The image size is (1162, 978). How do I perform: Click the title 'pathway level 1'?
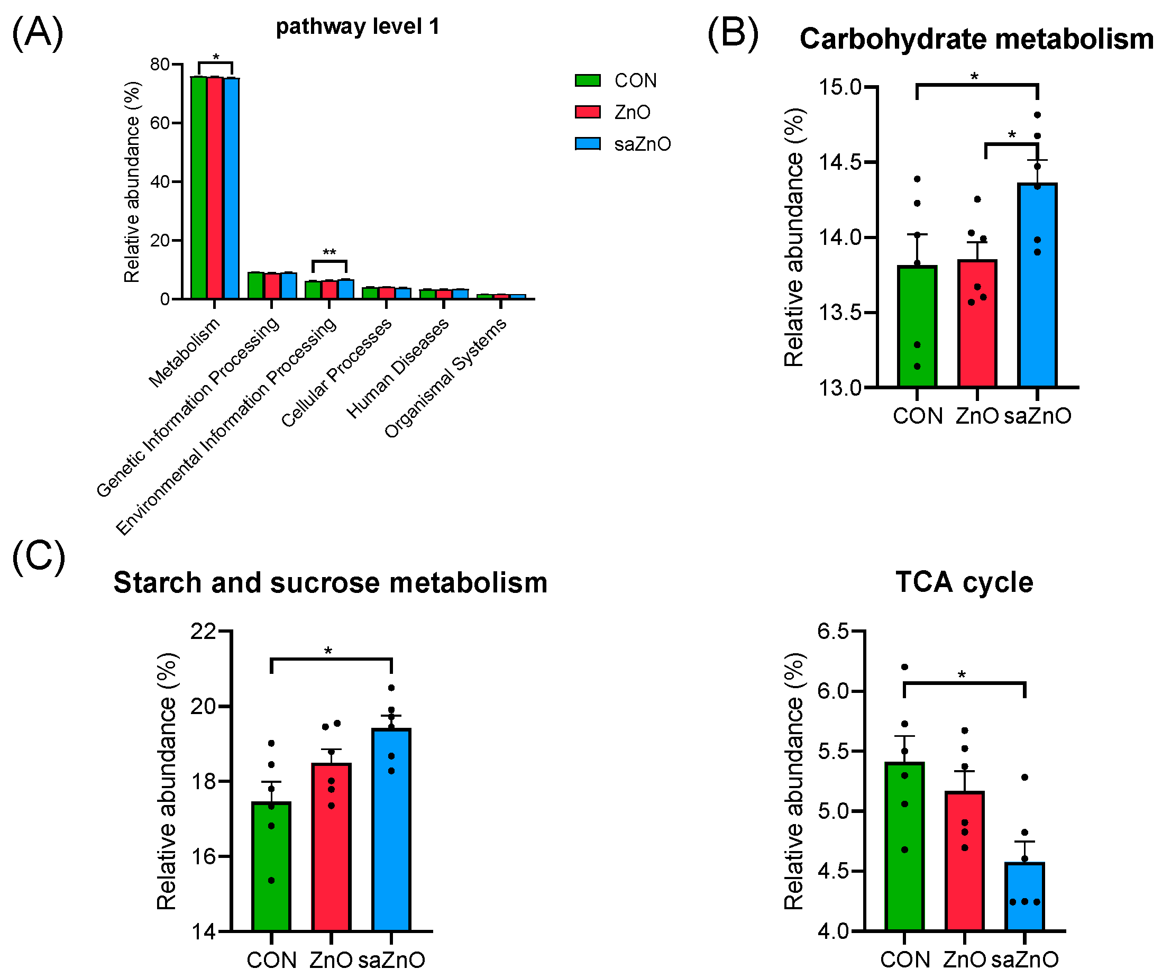tap(358, 26)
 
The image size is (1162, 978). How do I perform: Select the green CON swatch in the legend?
tap(587, 80)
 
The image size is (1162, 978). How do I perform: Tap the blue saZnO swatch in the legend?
tap(587, 143)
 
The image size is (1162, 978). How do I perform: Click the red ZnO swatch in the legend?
tap(587, 112)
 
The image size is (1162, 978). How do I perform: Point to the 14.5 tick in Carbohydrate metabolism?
tap(839, 162)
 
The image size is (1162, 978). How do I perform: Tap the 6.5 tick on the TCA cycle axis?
tap(832, 631)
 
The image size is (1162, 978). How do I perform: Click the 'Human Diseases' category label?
tap(398, 369)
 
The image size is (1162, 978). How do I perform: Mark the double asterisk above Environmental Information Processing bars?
tap(330, 253)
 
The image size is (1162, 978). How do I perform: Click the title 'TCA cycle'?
tap(964, 583)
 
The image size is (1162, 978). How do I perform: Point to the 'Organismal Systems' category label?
tap(445, 378)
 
